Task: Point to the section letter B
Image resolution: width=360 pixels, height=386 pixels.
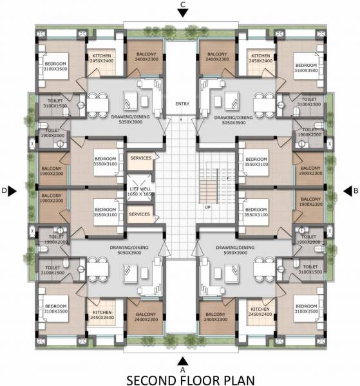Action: pos(354,190)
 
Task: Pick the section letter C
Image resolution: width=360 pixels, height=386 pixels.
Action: pos(184,5)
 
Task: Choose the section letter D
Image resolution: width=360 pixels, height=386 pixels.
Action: pos(4,190)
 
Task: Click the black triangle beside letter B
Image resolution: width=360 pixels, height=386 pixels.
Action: pos(345,190)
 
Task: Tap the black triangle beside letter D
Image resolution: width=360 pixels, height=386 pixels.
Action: pos(13,190)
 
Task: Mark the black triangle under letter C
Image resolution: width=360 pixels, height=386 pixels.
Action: pos(184,14)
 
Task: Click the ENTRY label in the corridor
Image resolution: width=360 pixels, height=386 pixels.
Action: pos(182,104)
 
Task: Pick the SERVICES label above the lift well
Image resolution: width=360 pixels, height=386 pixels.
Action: pos(140,158)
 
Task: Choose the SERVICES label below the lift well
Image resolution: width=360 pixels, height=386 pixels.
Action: pos(140,214)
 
